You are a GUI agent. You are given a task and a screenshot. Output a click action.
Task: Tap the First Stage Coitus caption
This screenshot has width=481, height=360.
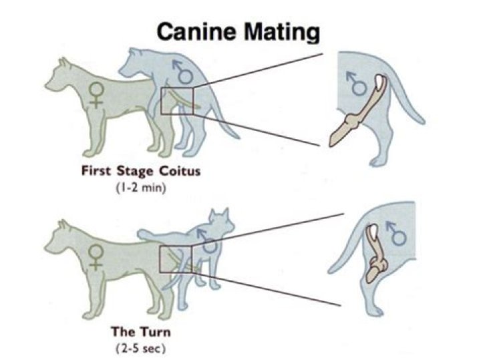pyautogui.click(x=141, y=172)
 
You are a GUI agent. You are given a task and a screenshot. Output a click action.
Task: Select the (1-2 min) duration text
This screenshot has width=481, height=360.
pyautogui.click(x=141, y=188)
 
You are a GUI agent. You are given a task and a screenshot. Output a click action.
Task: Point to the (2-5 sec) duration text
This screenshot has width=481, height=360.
pyautogui.click(x=142, y=347)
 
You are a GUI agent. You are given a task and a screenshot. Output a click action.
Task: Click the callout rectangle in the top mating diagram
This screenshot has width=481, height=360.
pyautogui.click(x=176, y=100)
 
